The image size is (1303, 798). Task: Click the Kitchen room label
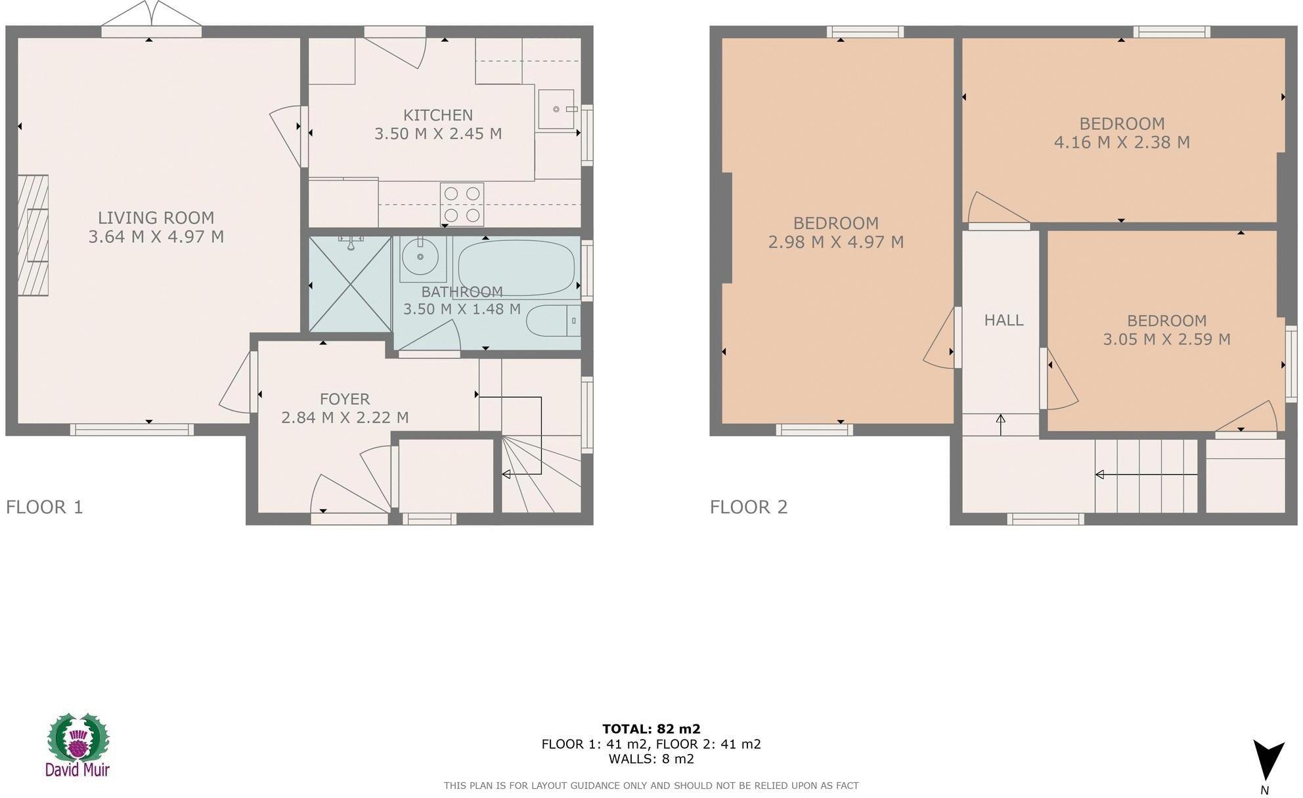437,115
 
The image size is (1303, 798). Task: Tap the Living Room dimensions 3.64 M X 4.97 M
156,237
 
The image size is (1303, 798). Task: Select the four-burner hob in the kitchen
462,204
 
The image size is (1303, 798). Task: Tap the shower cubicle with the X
350,284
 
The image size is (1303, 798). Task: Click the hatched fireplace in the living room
33,235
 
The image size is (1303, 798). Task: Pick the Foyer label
345,399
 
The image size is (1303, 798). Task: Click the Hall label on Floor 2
1004,320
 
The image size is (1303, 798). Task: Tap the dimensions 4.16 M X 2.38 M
1122,142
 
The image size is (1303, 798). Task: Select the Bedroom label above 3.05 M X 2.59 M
1166,321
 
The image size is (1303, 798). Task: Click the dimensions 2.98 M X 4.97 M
836,242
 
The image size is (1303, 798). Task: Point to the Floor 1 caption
45,507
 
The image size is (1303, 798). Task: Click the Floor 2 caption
749,507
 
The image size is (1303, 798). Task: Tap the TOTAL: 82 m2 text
651,728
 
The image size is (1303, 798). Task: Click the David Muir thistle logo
77,744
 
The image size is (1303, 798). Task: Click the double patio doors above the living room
152,20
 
